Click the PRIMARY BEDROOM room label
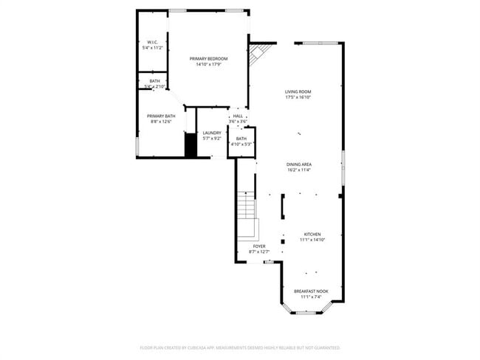[x=208, y=58]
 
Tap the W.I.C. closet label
[x=152, y=42]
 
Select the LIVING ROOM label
[x=298, y=91]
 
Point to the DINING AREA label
[x=299, y=164]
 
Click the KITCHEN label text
[x=312, y=234]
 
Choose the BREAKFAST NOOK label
[x=312, y=291]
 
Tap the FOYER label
[x=259, y=246]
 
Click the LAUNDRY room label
[x=212, y=133]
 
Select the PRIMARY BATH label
[x=160, y=116]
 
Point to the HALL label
[x=238, y=116]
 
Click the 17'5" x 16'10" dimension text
[x=298, y=97]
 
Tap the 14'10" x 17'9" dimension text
[x=208, y=64]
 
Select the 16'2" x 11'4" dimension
[x=299, y=170]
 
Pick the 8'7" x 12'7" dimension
[x=259, y=252]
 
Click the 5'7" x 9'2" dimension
[x=212, y=139]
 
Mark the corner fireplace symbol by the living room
[x=258, y=53]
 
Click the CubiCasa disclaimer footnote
[x=239, y=347]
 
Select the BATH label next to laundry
[x=241, y=138]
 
